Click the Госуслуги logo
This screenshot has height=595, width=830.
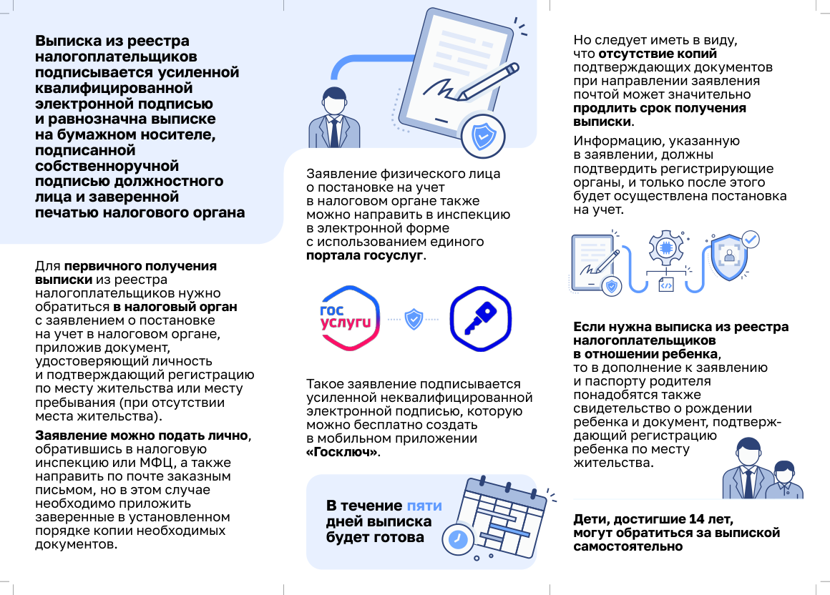[350, 318]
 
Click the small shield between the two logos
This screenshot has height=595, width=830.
[414, 319]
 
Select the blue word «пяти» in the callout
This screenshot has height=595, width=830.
[424, 506]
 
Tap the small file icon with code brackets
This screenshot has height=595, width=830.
[665, 285]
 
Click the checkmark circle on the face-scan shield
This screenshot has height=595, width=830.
[751, 240]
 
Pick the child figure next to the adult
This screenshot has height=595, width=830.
[783, 481]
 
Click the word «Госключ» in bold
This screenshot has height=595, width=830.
[343, 453]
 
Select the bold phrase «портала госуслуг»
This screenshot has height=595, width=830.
[365, 255]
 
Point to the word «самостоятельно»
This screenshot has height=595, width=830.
[628, 546]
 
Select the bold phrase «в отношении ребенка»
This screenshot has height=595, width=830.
[645, 354]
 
